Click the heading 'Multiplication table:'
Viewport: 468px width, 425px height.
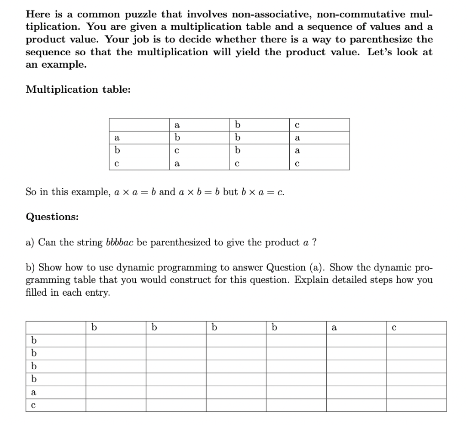click(x=78, y=90)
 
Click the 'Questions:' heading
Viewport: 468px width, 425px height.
click(x=52, y=217)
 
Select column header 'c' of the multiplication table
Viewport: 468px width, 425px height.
click(x=297, y=125)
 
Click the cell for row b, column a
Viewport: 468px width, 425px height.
click(x=177, y=150)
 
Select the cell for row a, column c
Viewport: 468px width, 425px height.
click(x=297, y=138)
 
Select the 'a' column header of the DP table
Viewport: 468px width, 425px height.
click(x=334, y=328)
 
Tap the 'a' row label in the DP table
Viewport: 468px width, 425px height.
click(x=33, y=392)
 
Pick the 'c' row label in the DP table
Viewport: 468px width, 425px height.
click(x=33, y=405)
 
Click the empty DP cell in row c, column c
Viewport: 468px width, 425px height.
click(x=416, y=405)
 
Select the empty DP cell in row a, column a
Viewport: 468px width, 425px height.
click(x=356, y=392)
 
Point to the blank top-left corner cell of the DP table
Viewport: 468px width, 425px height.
click(x=55, y=328)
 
